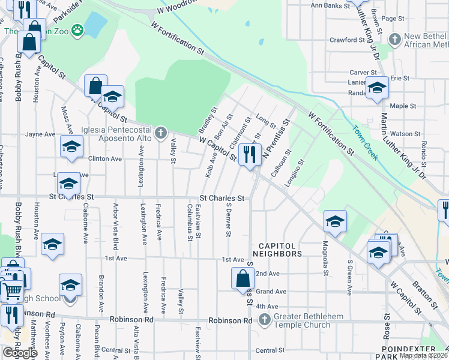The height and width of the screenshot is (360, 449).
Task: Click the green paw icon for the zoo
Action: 77,29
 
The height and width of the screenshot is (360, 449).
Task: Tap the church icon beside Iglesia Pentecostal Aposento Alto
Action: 160,133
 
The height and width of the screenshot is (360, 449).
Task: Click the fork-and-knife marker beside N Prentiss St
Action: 247,155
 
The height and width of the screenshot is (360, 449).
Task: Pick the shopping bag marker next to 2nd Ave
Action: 242,278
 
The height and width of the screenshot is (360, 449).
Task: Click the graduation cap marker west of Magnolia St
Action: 334,221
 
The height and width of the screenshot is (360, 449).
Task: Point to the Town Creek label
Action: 364,142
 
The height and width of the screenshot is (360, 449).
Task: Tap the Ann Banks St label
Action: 330,5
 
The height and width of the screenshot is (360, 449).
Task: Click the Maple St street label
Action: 403,106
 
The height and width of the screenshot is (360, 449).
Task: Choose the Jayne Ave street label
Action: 40,134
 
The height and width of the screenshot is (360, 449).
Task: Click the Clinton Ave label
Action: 105,159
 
